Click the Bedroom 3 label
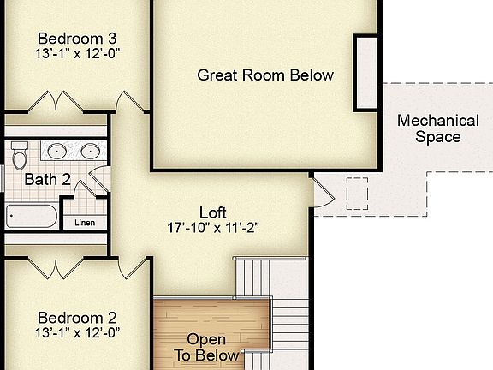coord(77,39)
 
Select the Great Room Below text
coord(265,75)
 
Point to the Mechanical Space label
coord(438,128)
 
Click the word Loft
coord(213,212)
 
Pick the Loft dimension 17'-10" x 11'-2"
coord(213,228)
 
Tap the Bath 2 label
coord(47,179)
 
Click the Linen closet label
coord(85,223)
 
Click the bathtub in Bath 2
coord(33,216)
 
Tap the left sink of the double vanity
coord(57,152)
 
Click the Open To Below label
coord(206,348)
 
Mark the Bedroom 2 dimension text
coord(77,331)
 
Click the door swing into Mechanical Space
coord(324,191)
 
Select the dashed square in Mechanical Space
coord(355,193)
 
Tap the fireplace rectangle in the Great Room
coord(366,73)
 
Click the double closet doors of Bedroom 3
coord(56,102)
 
